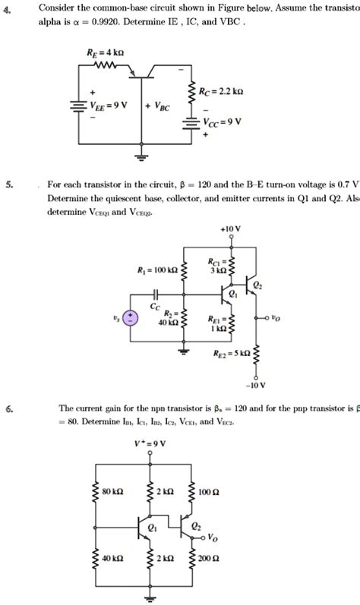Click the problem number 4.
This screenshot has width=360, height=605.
pyautogui.click(x=6, y=8)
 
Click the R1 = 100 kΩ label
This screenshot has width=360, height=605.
pyautogui.click(x=156, y=269)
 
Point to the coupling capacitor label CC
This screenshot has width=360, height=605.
pyautogui.click(x=155, y=307)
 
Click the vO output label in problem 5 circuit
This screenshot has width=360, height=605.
pyautogui.click(x=275, y=320)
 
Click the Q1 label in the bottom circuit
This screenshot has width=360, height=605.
pyautogui.click(x=153, y=528)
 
